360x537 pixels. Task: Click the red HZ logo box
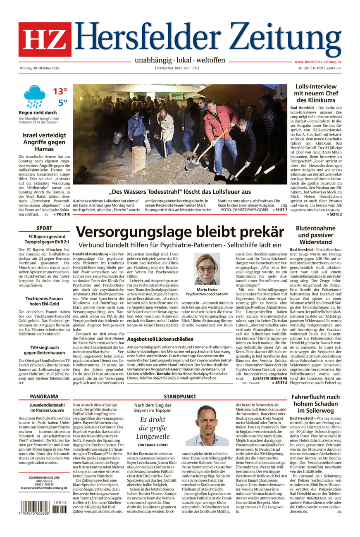pos(45,40)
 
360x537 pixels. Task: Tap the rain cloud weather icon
pos(34,96)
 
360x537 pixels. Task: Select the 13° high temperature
pos(60,91)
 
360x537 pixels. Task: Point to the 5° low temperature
pos(62,102)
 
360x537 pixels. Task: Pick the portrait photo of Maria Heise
pos(207,269)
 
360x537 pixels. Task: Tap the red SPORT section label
pos(44,228)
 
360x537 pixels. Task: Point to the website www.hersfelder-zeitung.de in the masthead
pos(318,62)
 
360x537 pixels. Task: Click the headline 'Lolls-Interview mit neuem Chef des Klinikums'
pos(316,93)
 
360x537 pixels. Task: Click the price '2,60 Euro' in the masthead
pos(334,68)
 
